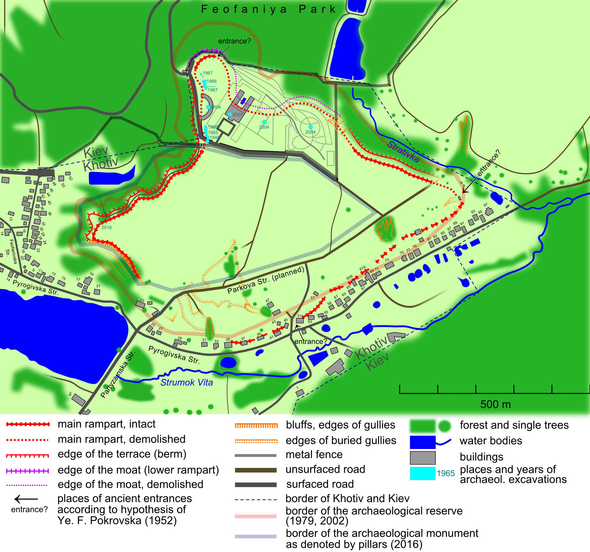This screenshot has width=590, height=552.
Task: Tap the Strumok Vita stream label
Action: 186,383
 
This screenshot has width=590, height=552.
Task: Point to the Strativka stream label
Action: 403,152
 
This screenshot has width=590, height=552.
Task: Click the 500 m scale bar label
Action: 495,404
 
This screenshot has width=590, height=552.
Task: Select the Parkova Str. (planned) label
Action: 266,280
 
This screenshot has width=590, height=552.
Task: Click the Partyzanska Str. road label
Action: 118,374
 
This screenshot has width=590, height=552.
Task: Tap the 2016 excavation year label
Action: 106,228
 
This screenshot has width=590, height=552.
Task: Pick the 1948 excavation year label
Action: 214,138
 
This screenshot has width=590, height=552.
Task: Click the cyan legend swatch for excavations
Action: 422,473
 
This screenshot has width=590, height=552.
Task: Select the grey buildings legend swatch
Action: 422,458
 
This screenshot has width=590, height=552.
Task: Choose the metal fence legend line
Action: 255,455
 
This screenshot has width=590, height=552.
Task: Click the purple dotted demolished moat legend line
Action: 27,485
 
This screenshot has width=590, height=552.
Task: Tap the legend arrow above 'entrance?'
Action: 26,499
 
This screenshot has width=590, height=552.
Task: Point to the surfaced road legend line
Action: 255,485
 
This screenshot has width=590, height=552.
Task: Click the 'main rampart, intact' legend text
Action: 106,424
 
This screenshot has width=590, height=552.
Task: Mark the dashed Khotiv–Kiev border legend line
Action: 255,500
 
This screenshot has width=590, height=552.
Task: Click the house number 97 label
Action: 485,205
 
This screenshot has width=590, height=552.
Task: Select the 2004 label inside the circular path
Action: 310,132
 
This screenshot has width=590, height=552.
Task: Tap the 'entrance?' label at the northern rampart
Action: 235,41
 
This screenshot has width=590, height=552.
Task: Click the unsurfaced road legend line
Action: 255,470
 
